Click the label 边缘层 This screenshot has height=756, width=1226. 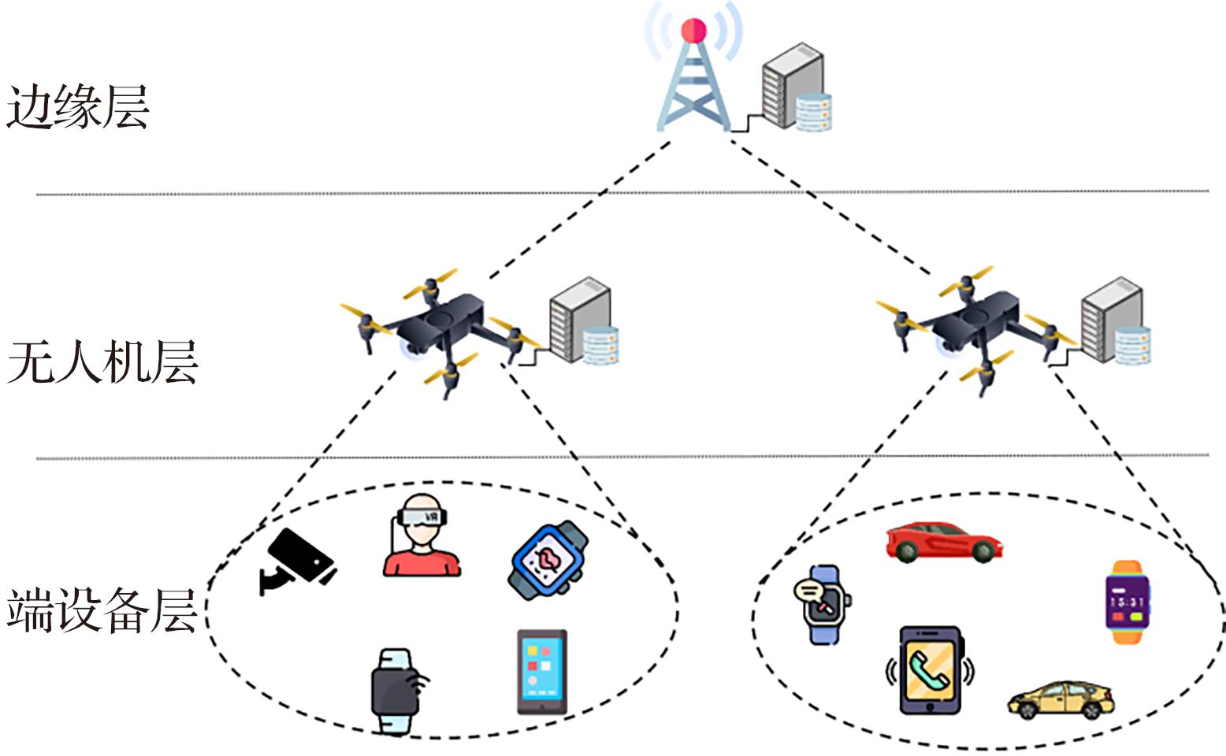click(x=77, y=107)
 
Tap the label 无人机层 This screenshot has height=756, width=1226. click(x=102, y=362)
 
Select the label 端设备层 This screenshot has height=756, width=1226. click(x=102, y=610)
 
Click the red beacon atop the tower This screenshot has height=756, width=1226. click(x=693, y=31)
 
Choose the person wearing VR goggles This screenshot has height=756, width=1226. click(x=422, y=535)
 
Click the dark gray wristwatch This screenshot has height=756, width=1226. click(x=396, y=691)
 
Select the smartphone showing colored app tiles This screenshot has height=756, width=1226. click(x=541, y=671)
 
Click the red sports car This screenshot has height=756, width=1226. click(x=942, y=541)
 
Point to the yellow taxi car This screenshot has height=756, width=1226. click(x=1061, y=699)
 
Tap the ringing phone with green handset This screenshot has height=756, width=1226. click(x=930, y=670)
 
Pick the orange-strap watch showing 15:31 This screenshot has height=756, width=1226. click(x=1128, y=602)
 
